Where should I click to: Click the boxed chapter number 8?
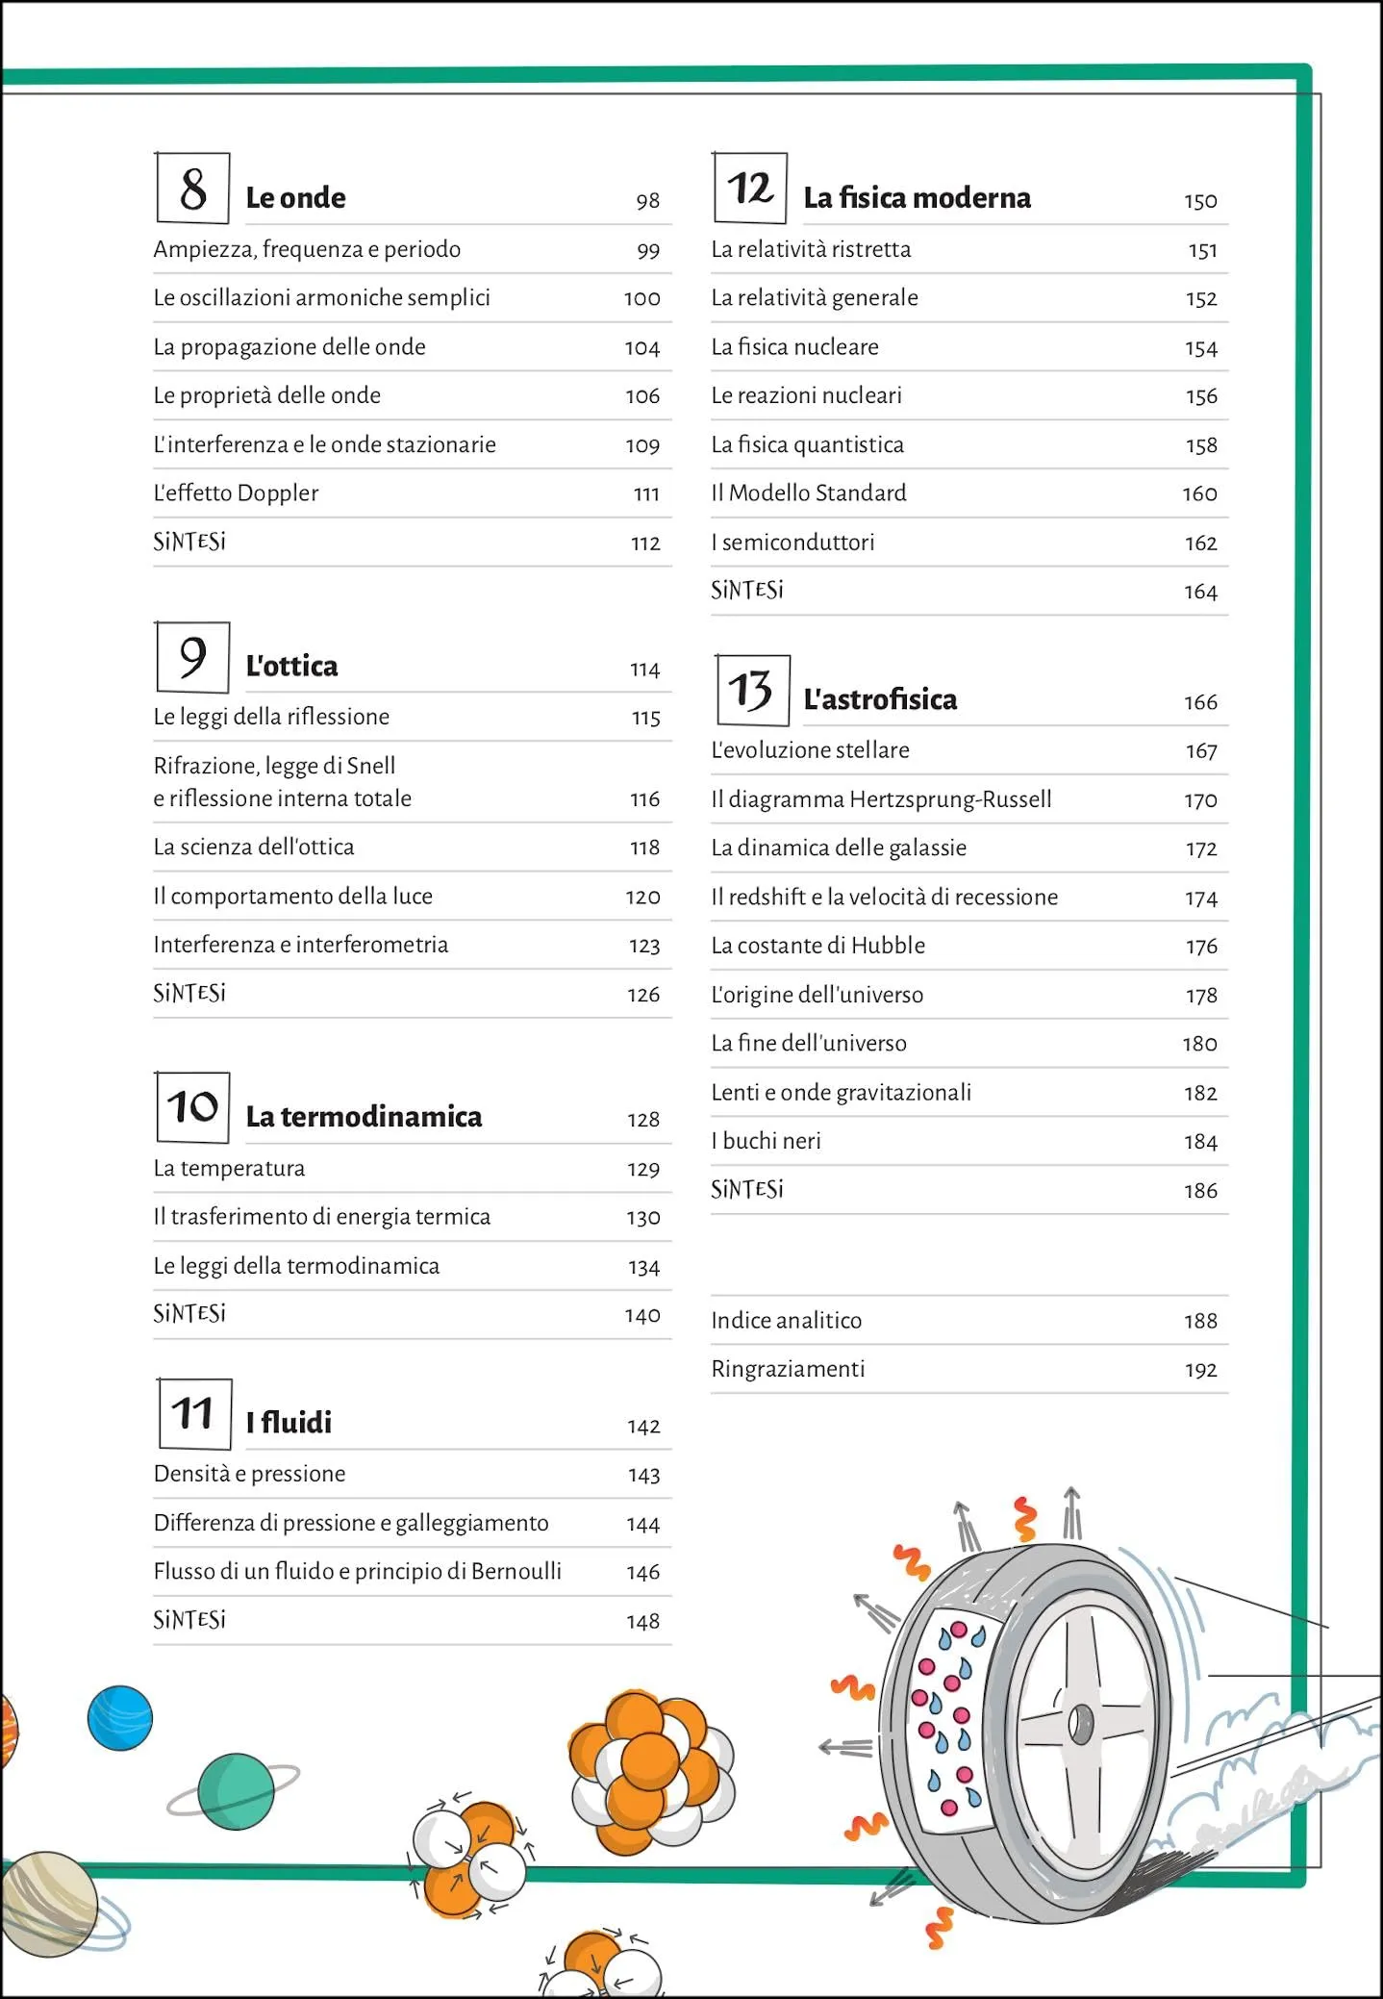[192, 189]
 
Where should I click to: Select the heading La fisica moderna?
[917, 198]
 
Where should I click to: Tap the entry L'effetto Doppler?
[236, 493]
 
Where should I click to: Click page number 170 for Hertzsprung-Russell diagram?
[1200, 800]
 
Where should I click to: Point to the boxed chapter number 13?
[752, 691]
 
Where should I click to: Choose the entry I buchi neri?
[766, 1142]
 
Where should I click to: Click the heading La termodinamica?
[364, 1117]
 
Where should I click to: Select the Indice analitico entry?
[786, 1321]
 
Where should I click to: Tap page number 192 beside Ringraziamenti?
[1200, 1370]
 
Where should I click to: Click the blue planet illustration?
[120, 1718]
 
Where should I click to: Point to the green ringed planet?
[236, 1791]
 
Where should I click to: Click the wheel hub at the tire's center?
[1079, 1724]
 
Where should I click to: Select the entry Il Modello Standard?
[808, 493]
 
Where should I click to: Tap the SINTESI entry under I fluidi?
[189, 1620]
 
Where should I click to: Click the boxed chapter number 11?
[193, 1413]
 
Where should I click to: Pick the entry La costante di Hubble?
[817, 946]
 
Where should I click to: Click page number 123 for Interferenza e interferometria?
[643, 947]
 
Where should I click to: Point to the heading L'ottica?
[291, 667]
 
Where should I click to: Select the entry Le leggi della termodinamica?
[296, 1266]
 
